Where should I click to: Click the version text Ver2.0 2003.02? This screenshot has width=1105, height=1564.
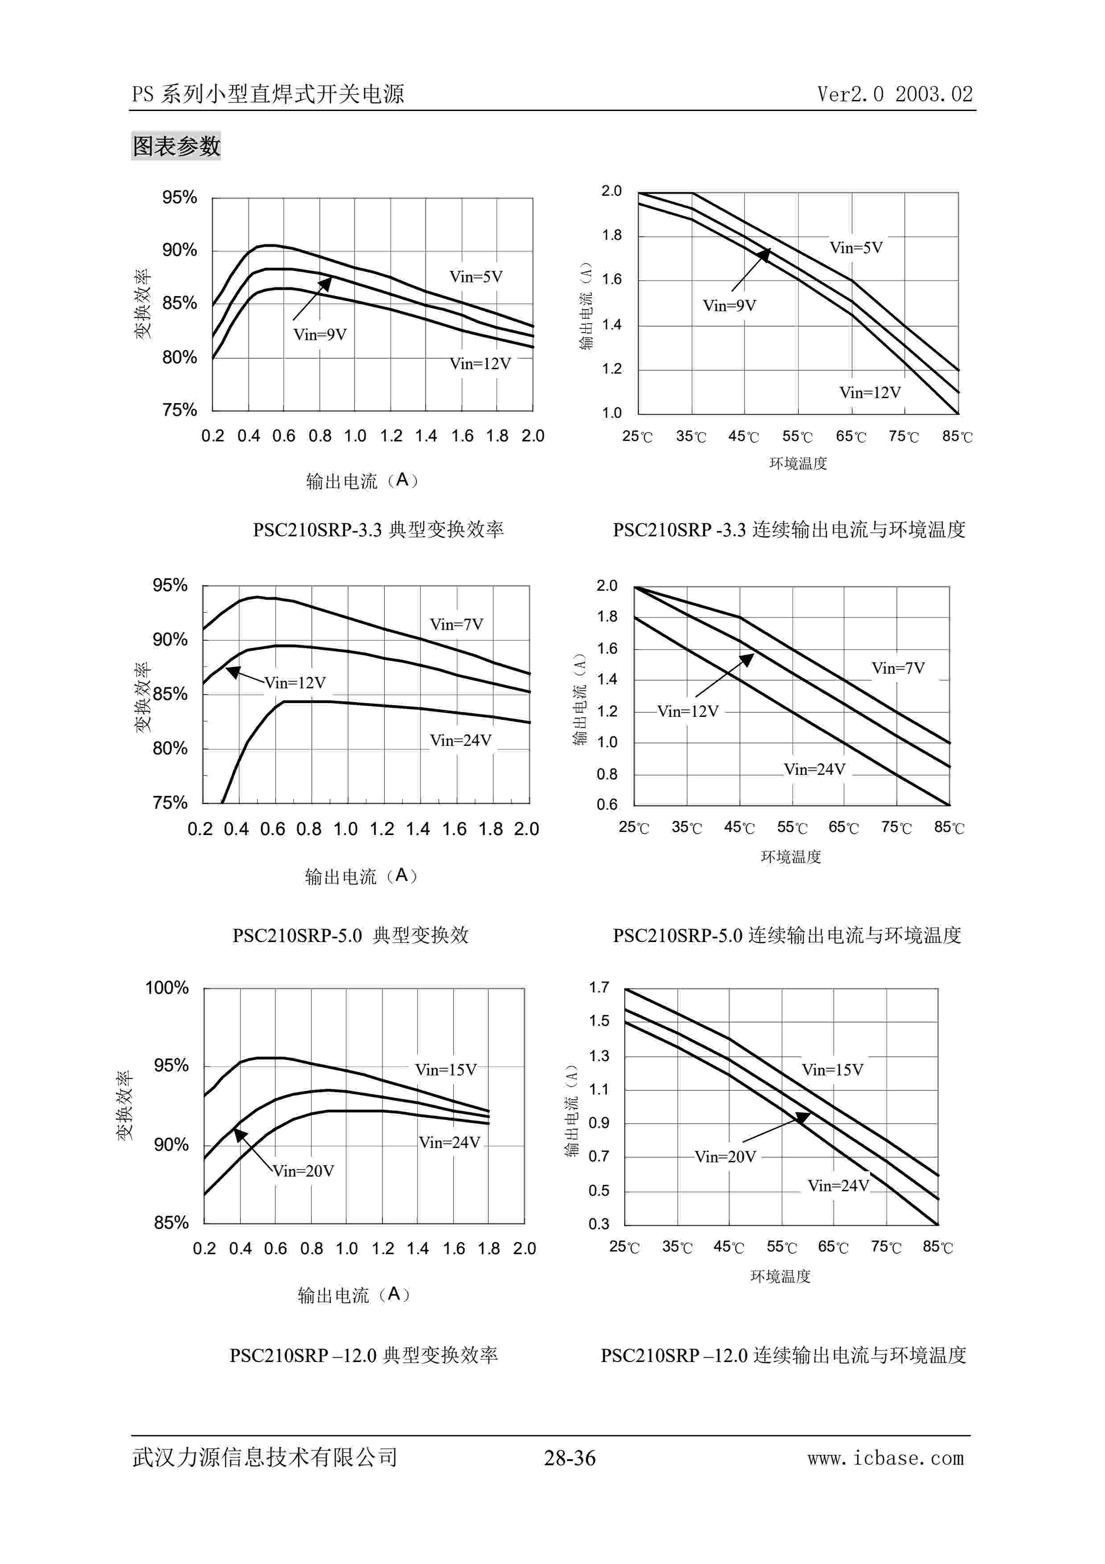point(895,94)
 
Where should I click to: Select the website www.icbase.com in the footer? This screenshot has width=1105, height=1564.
point(885,1458)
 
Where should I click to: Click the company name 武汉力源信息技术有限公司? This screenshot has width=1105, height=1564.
point(265,1457)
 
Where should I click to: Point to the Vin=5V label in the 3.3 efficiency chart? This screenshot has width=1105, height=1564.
point(476,276)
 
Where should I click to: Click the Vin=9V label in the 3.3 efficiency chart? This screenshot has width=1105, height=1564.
point(320,334)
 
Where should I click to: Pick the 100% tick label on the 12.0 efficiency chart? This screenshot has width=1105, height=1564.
point(167,988)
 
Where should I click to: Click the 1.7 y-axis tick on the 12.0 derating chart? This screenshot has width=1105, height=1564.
point(599,988)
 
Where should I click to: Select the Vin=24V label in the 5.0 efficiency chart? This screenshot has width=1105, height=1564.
point(460,741)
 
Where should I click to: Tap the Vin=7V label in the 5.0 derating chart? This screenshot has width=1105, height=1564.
point(898,668)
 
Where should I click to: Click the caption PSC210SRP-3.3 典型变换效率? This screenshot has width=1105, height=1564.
point(378,529)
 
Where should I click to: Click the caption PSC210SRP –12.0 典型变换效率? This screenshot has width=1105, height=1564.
point(364,1355)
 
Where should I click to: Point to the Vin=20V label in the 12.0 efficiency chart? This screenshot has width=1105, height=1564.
point(304,1171)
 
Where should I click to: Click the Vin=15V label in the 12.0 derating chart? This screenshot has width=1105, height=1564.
point(832,1070)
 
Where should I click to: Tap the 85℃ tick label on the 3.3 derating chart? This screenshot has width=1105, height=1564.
point(957,436)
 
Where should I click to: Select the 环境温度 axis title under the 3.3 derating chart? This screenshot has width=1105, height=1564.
point(798,464)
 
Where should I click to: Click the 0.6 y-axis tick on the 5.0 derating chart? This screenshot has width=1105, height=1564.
point(607,804)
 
